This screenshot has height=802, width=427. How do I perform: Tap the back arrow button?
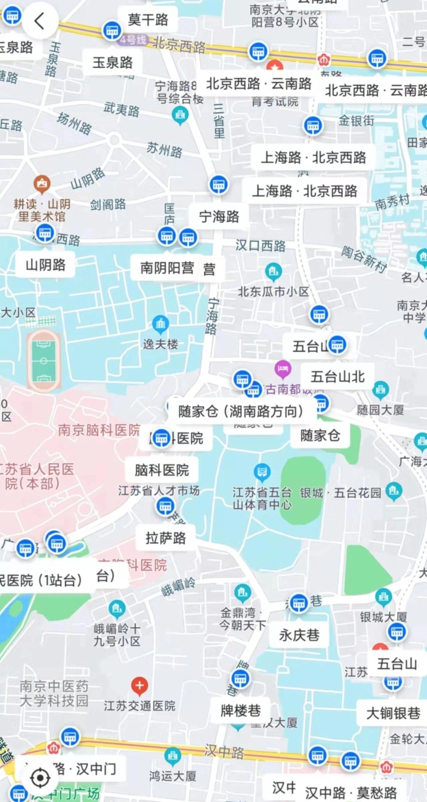[39, 21]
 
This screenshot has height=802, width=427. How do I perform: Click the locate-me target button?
[40, 778]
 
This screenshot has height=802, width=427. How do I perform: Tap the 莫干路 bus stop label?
[148, 20]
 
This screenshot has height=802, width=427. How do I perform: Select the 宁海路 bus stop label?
[219, 217]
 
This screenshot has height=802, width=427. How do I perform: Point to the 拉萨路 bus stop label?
[166, 538]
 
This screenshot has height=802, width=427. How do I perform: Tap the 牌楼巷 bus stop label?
[241, 710]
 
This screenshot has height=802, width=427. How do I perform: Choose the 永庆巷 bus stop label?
[299, 635]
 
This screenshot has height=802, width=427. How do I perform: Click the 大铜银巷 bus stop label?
[393, 713]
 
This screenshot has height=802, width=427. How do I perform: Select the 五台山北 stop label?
[337, 376]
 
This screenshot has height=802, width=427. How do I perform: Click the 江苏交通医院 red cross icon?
[139, 685]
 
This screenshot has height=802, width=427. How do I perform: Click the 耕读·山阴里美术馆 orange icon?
[42, 184]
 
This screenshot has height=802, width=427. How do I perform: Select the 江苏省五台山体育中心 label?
[262, 498]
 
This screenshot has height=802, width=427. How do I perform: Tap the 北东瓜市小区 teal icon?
[273, 272]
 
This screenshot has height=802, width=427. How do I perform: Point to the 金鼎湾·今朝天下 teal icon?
[243, 593]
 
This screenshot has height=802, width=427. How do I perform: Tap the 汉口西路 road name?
[260, 246]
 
